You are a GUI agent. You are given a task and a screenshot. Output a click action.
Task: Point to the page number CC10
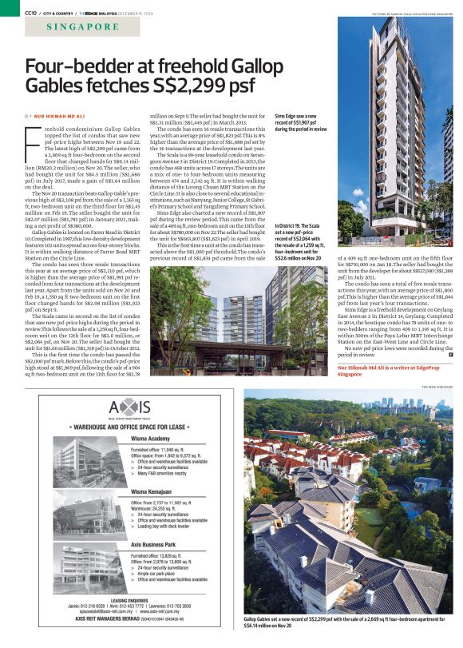click(x=31, y=13)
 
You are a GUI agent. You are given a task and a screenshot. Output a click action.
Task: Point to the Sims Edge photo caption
click(x=302, y=122)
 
